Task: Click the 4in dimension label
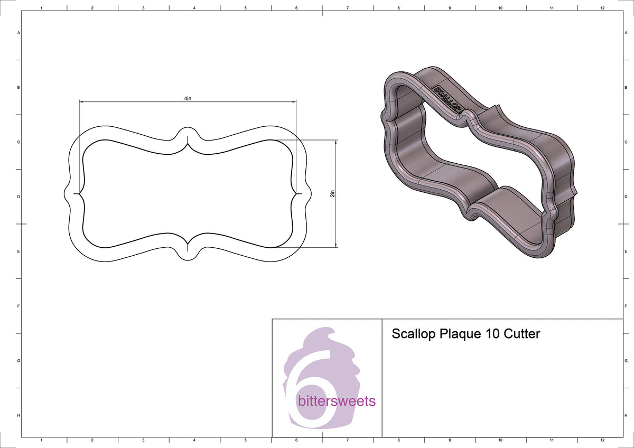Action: pos(188,98)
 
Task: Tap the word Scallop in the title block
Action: pos(414,334)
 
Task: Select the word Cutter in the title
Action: pos(521,334)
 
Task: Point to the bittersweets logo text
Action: pos(337,401)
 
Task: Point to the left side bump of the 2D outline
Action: pos(67,194)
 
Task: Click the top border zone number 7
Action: pos(347,8)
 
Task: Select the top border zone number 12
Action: pos(602,8)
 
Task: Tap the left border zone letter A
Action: pos(19,33)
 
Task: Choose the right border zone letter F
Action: pos(626,306)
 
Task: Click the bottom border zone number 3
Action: pos(143,440)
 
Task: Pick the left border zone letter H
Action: pos(19,416)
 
